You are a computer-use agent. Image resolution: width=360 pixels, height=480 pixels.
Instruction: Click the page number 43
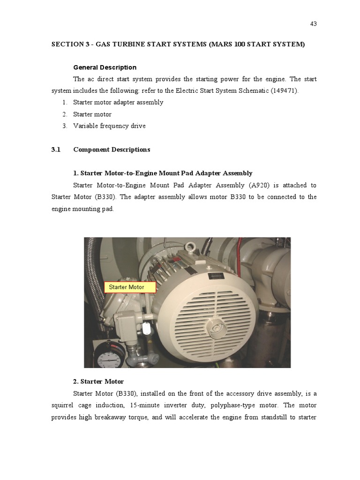tap(314, 24)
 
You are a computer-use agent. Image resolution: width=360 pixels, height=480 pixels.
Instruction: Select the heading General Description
tap(105, 67)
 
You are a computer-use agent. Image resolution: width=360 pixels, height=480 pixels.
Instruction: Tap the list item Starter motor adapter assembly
tap(118, 102)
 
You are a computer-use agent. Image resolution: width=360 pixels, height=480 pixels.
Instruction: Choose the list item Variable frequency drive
tap(109, 126)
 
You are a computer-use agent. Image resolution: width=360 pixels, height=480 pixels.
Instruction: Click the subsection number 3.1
tap(56, 150)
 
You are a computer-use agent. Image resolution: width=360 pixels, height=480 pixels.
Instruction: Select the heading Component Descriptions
tap(112, 150)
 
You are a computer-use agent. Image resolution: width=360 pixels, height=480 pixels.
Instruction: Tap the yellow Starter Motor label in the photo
tap(129, 287)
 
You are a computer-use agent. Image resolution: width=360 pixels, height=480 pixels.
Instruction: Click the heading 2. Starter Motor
tap(98, 382)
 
